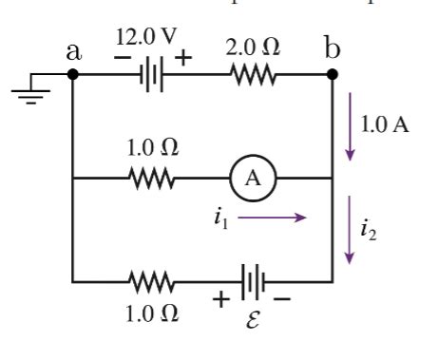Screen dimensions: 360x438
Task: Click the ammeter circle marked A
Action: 248,177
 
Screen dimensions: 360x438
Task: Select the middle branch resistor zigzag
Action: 149,177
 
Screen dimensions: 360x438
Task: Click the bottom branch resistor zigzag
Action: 149,282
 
